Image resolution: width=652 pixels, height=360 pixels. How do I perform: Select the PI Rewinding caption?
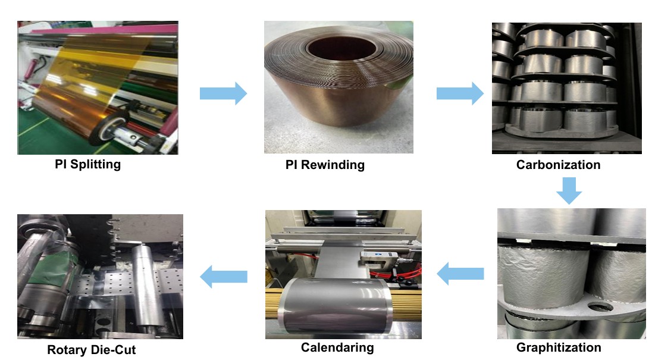(x=325, y=165)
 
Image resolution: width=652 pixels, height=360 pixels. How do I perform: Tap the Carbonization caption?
(x=558, y=165)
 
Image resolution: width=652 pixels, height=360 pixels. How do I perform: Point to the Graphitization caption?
(x=559, y=348)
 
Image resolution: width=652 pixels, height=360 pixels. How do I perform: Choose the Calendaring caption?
(x=337, y=348)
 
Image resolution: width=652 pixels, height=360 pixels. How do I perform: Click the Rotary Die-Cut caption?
(x=91, y=350)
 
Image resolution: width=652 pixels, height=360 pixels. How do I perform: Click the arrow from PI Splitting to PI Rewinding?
(x=223, y=93)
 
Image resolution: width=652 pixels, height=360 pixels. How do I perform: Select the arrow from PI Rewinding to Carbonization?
(x=460, y=93)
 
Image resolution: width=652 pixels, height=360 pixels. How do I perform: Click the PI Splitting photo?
(x=98, y=88)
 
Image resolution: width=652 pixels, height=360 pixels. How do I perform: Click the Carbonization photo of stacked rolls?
(x=566, y=88)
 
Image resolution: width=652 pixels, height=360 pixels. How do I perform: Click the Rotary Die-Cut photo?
(x=100, y=276)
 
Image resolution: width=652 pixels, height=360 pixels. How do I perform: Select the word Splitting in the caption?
(x=95, y=164)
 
